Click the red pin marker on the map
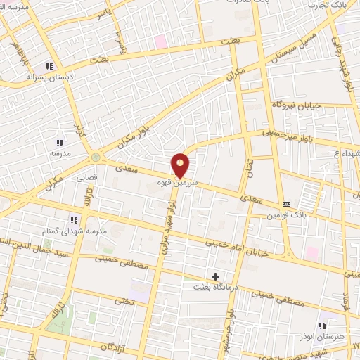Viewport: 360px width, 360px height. pyautogui.click(x=181, y=165)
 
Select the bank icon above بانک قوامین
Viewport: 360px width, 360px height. pyautogui.click(x=286, y=204)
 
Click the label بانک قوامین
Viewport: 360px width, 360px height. pyautogui.click(x=283, y=216)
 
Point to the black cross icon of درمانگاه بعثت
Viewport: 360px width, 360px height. pyautogui.click(x=215, y=276)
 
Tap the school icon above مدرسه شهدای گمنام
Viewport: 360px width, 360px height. pyautogui.click(x=75, y=220)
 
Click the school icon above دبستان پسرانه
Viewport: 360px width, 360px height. pyautogui.click(x=49, y=66)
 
